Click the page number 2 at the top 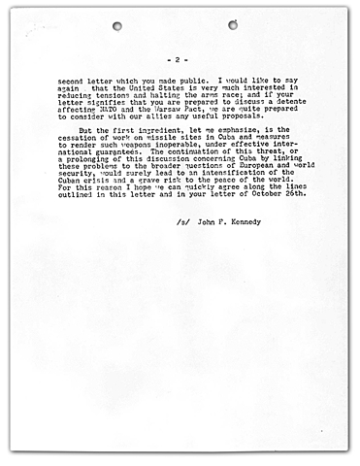pyautogui.click(x=180, y=58)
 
